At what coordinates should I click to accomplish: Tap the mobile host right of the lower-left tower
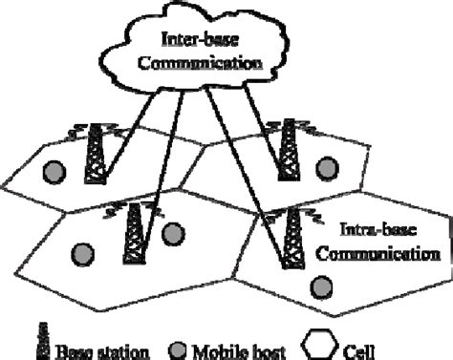[x=173, y=233]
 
